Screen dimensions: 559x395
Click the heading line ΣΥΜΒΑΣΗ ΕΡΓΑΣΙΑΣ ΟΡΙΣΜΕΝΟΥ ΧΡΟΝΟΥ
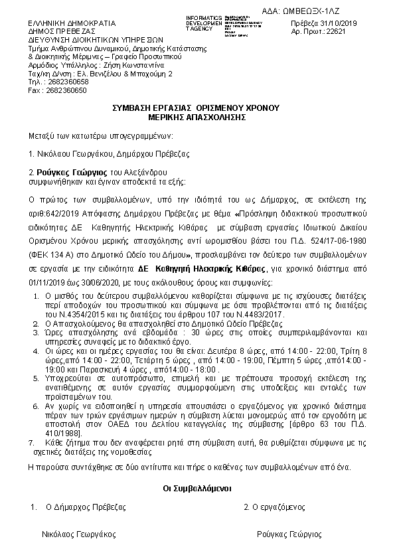[x=197, y=108]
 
